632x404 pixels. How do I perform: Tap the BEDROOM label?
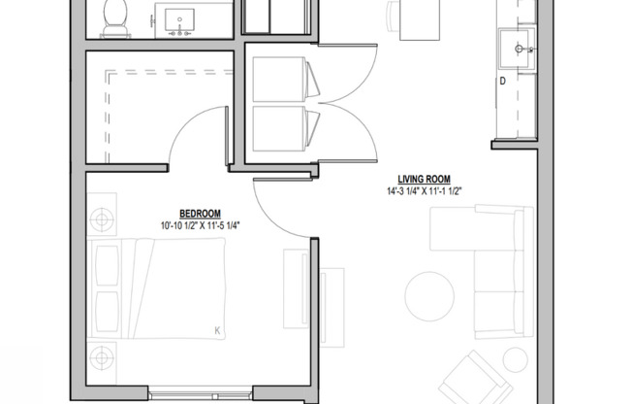[x=201, y=214]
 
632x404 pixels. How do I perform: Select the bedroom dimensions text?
[x=201, y=226]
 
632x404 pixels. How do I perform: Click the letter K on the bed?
[x=217, y=332]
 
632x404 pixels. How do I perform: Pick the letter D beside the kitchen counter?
[x=502, y=81]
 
